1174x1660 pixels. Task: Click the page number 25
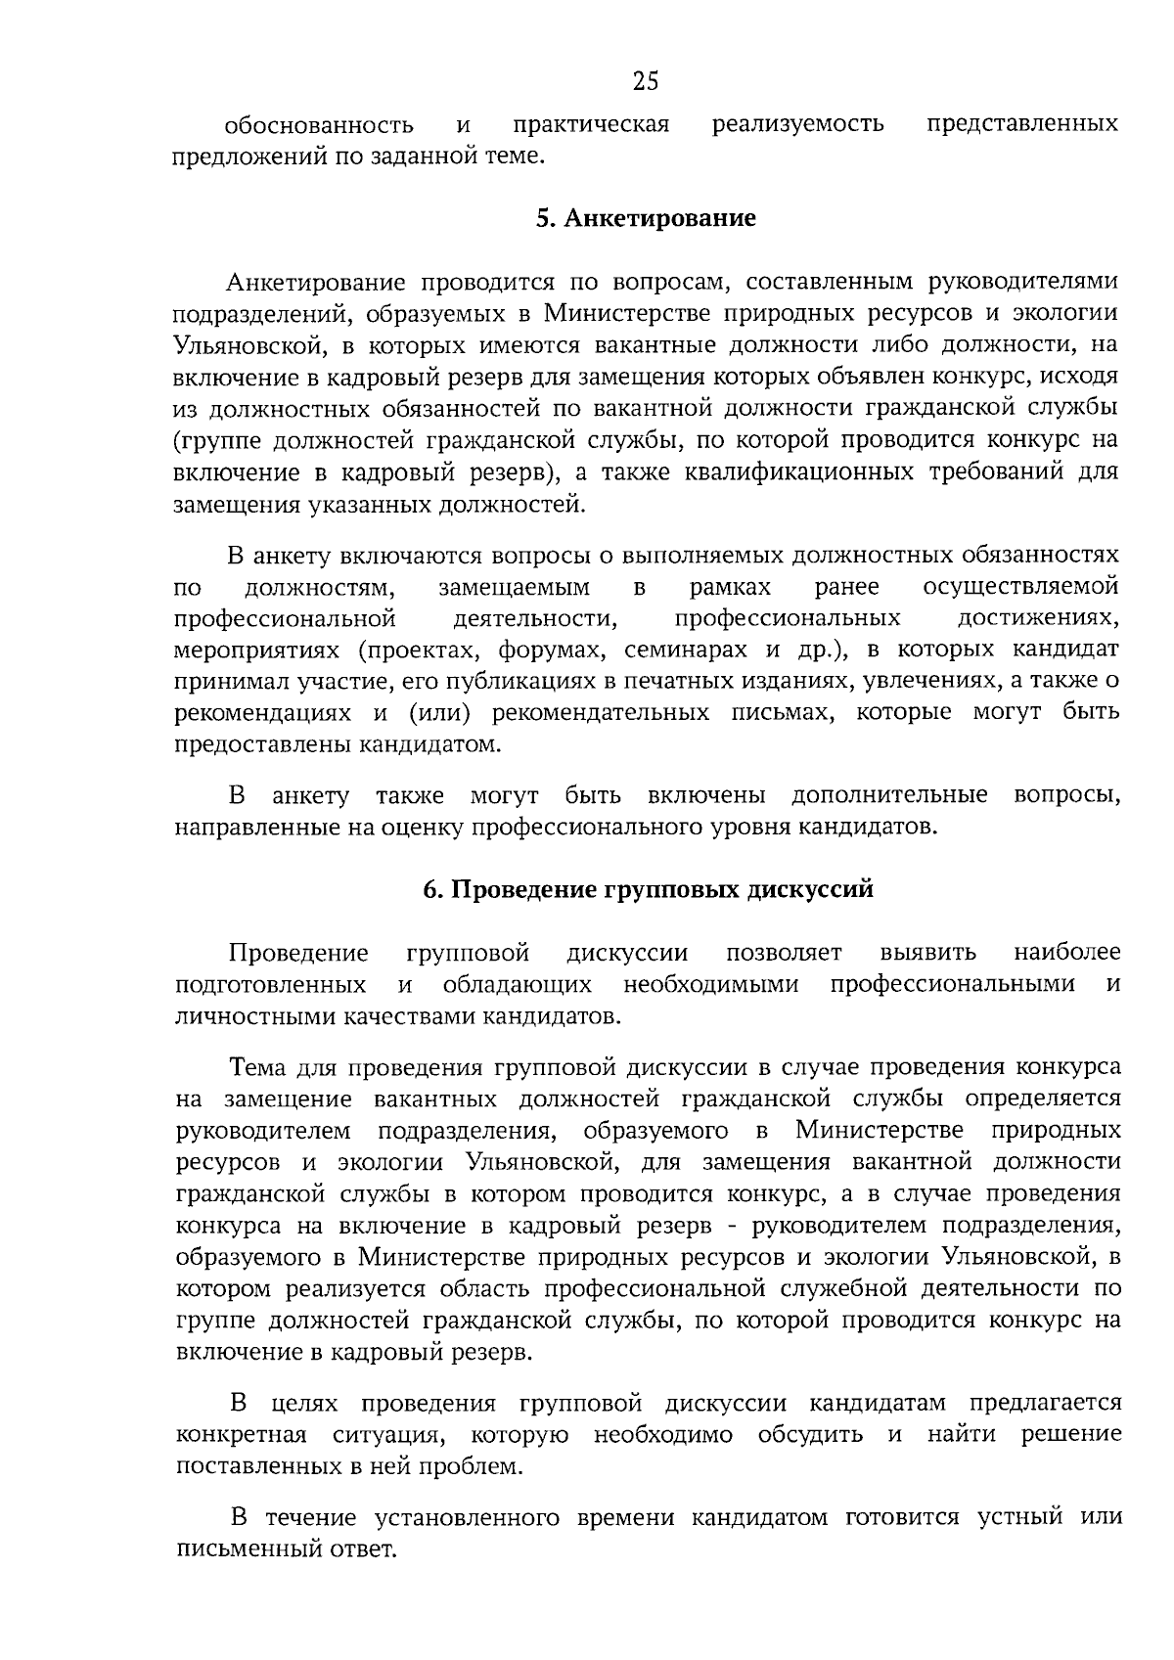click(646, 81)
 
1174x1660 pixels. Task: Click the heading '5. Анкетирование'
click(646, 217)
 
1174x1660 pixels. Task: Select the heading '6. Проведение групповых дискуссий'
click(647, 889)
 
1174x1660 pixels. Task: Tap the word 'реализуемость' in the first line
click(798, 124)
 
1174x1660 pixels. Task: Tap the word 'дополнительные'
click(889, 794)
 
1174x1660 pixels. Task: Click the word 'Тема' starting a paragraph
click(256, 1066)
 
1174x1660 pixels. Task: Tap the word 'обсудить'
click(811, 1435)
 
